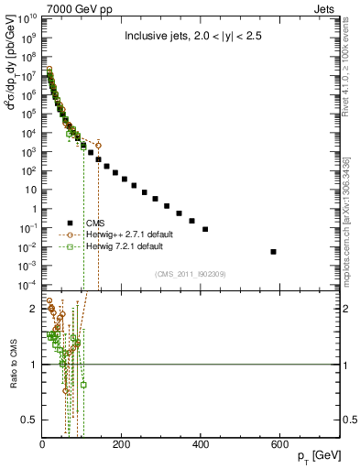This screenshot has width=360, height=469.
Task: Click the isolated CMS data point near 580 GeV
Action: point(273,251)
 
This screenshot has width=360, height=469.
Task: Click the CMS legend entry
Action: point(94,223)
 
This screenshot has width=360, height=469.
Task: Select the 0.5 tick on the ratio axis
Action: point(31,420)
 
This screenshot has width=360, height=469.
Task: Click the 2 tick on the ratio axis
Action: point(35,309)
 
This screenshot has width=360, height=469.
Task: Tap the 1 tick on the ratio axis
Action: point(35,365)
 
